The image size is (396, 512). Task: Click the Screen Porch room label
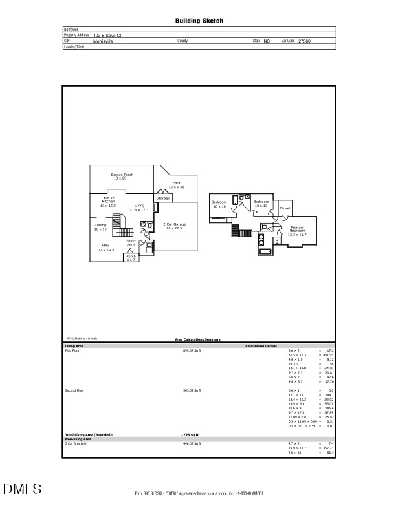(121, 176)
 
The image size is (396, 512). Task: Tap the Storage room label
(163, 198)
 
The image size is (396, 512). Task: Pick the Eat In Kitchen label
(108, 200)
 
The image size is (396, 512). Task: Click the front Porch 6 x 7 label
(131, 258)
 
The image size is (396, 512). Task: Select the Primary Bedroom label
(297, 229)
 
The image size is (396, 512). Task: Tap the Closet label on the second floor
(285, 208)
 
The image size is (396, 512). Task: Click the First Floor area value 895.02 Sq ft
(192, 350)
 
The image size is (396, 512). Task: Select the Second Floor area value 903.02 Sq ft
(192, 391)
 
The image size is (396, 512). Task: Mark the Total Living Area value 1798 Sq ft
(189, 435)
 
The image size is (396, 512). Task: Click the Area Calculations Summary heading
(198, 339)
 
